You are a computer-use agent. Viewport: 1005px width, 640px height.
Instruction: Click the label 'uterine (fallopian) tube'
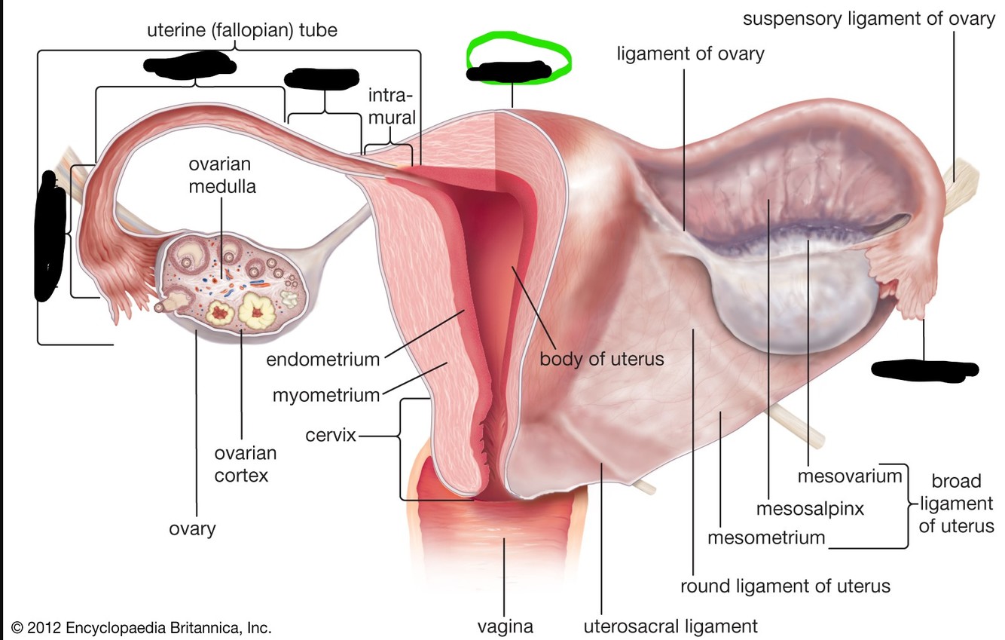242,31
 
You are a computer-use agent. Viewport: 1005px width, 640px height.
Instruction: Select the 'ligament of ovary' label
690,54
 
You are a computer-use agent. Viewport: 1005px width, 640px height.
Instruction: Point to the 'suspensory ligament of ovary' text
869,18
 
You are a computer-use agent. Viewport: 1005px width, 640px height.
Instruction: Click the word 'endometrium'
322,359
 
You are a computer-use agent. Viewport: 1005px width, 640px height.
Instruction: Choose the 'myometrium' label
325,394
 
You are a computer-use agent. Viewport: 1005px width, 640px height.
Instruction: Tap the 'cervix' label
330,435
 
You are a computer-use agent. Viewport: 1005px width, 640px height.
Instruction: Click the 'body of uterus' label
601,358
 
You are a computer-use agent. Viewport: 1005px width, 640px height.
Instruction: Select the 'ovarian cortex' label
245,464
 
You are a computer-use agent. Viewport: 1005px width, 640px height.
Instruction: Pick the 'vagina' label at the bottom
505,626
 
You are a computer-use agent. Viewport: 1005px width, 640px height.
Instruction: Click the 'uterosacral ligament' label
671,626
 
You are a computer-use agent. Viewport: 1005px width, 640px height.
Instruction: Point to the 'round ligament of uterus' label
785,586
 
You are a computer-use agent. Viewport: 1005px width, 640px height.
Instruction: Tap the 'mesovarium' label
849,476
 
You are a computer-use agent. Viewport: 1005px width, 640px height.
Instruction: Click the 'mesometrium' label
766,538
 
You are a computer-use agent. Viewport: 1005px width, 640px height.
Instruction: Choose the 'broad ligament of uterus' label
956,503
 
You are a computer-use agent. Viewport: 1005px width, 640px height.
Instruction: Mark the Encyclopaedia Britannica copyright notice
141,627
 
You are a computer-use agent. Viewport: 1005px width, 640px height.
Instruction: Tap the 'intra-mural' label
391,106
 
